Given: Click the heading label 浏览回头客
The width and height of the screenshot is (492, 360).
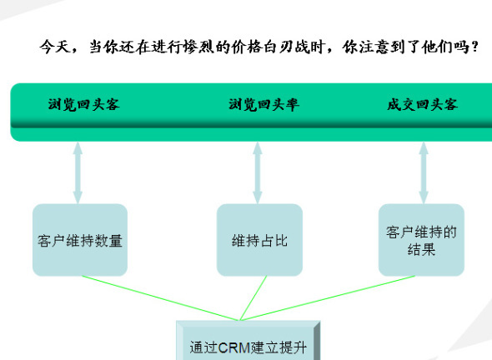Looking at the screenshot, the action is (x=83, y=104).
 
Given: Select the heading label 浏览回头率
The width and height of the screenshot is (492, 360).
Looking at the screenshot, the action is (x=264, y=104).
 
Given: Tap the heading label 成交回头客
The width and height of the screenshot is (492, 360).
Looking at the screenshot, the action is (x=422, y=104).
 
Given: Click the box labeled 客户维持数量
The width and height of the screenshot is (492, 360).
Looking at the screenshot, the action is (x=80, y=240).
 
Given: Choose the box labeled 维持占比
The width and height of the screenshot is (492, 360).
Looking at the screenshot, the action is (x=259, y=240).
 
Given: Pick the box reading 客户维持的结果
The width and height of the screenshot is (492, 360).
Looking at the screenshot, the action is (x=421, y=240).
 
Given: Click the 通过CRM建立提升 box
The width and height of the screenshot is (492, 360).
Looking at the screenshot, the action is (x=249, y=340).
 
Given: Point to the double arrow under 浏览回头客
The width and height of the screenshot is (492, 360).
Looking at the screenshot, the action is (x=78, y=172).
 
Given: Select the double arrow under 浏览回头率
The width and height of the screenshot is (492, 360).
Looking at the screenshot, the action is (x=258, y=172).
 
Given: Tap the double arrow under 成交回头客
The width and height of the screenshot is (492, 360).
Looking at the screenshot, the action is (x=424, y=172).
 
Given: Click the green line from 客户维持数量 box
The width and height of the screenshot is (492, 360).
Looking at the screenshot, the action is (x=160, y=298).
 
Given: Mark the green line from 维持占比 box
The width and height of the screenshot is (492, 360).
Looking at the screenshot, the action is (x=254, y=298).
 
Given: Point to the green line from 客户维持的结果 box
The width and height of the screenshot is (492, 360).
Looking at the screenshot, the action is (x=328, y=298).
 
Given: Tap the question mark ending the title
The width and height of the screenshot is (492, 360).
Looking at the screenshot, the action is (x=474, y=47).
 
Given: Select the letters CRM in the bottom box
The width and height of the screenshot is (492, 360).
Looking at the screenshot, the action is (x=234, y=347).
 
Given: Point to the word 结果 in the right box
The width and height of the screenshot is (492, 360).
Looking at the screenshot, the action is (x=421, y=250).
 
